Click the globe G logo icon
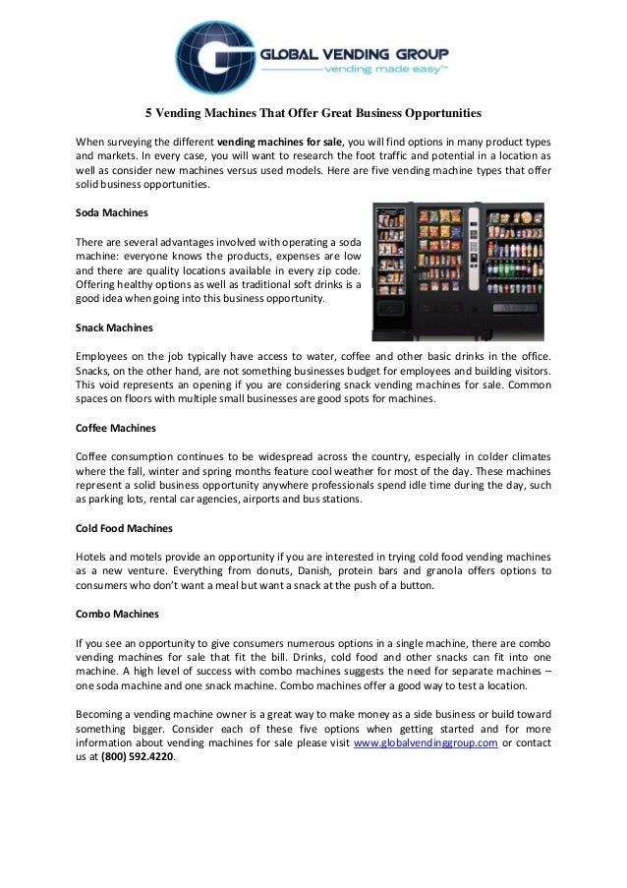click(x=213, y=56)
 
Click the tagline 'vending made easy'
click(x=388, y=71)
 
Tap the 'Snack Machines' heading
click(x=114, y=326)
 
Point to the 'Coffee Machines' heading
click(x=115, y=429)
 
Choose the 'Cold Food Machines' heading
click(x=124, y=528)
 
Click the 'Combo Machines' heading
click(x=117, y=613)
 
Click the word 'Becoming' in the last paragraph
click(x=103, y=712)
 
